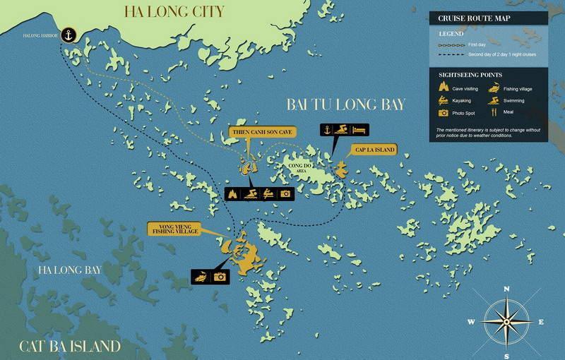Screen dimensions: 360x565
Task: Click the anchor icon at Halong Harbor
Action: pos(69,34)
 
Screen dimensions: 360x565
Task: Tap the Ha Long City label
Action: pos(174,11)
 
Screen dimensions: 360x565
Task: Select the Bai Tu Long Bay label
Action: pos(345,104)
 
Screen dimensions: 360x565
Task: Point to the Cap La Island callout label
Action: pos(374,149)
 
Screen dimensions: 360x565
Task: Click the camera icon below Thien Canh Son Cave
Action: pos(285,193)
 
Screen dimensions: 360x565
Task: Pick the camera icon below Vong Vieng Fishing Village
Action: pos(220,277)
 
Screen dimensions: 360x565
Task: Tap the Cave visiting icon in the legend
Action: pos(444,88)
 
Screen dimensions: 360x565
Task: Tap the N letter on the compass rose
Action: pos(506,289)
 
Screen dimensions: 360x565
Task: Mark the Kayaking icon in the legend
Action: pos(444,101)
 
